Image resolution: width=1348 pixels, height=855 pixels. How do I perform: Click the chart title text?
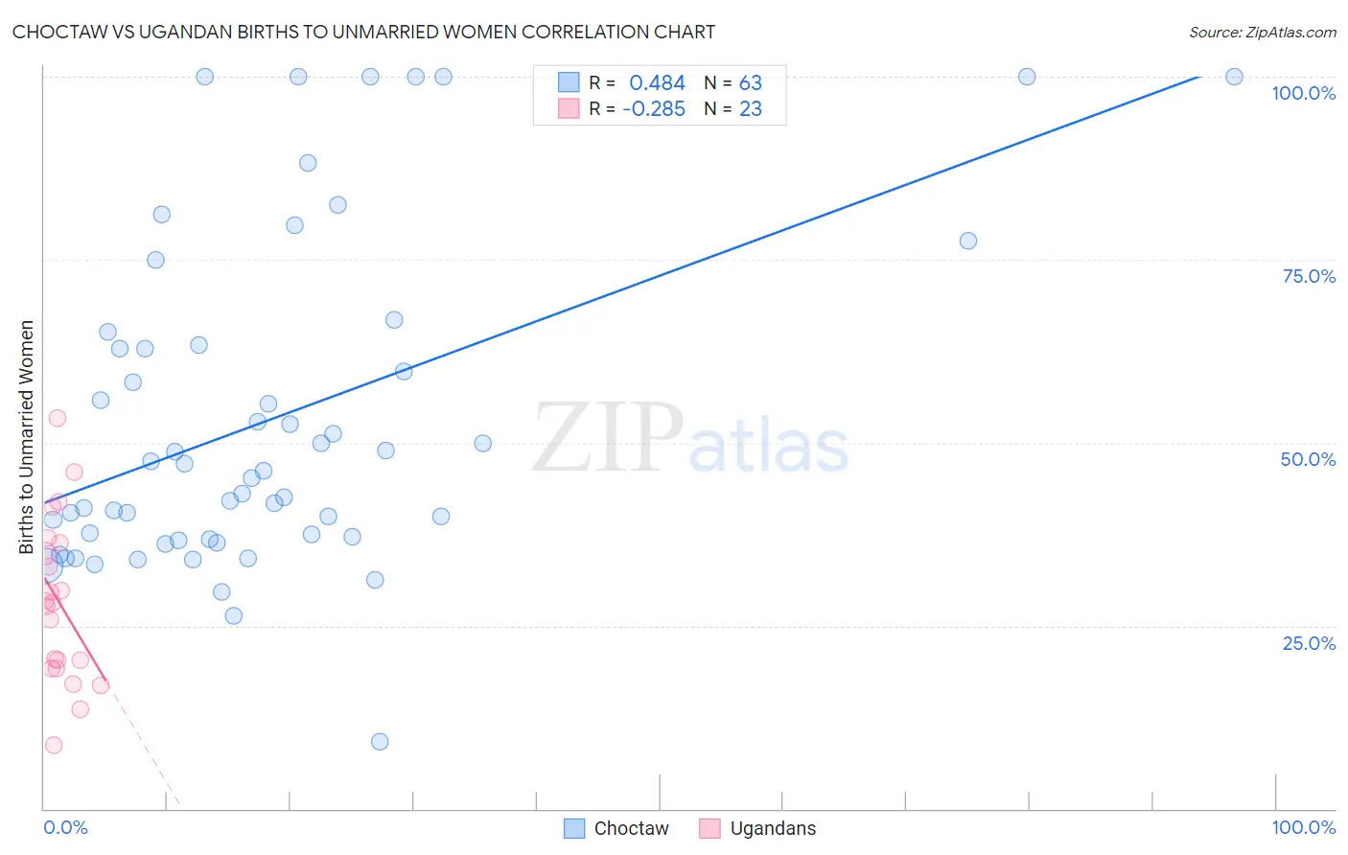(363, 32)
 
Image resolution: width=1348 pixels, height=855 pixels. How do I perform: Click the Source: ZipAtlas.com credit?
(1262, 32)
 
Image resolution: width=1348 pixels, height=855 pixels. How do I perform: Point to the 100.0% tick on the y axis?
(1303, 93)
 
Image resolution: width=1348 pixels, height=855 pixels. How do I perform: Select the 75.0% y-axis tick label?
(1309, 276)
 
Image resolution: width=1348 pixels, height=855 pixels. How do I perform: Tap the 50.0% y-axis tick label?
(1308, 459)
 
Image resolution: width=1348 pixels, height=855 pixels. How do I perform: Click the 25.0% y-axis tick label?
(1309, 642)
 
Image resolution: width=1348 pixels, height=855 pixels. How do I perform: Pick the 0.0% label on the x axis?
(65, 827)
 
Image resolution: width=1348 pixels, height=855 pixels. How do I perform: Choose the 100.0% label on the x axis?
(1303, 827)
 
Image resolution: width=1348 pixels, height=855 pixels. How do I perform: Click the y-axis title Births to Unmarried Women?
(26, 437)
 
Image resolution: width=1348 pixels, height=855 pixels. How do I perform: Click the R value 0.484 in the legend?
(657, 83)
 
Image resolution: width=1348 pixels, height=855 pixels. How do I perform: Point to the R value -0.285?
(653, 109)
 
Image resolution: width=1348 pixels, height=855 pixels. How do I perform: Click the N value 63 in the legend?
(750, 83)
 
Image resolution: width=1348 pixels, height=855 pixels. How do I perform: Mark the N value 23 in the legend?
(750, 109)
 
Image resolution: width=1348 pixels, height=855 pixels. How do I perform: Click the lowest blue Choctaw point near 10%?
(380, 741)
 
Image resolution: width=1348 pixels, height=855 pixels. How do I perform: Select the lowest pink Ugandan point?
(54, 745)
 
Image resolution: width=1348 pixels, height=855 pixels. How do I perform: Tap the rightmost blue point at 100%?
(1234, 77)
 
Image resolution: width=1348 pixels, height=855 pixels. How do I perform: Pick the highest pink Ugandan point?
(58, 418)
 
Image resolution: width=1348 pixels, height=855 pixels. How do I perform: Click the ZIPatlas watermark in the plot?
(690, 439)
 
